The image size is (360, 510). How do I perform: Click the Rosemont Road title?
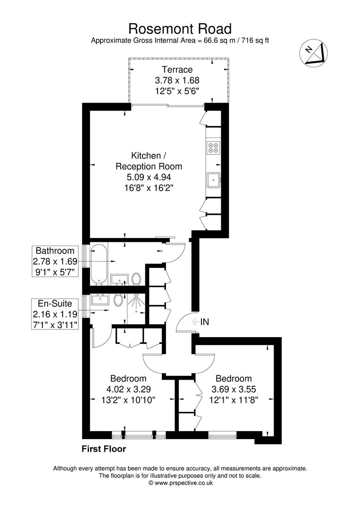(180, 29)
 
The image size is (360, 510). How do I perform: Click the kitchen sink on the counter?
(214, 179)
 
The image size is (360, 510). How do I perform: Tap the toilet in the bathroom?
(136, 279)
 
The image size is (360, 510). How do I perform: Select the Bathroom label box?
(55, 261)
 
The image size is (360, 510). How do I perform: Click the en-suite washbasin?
(100, 299)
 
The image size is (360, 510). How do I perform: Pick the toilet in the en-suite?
(118, 298)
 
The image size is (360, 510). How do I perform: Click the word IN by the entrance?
(205, 323)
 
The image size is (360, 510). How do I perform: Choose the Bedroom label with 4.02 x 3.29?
(128, 379)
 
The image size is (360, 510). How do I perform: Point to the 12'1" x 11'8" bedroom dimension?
(234, 399)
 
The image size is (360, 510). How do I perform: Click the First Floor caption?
(104, 449)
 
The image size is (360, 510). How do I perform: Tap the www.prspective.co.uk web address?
(184, 483)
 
